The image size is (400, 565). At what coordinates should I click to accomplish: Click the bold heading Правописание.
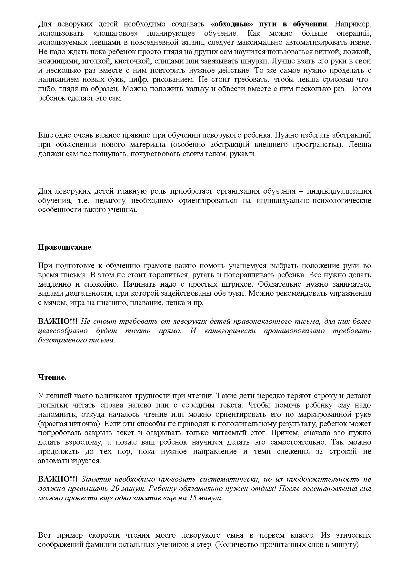pos(65,247)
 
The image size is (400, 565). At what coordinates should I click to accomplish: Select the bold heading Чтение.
pos(52,378)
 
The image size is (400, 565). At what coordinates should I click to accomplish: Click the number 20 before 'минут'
pos(115,488)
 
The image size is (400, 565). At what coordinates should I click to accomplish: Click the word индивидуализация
pos(339,191)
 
